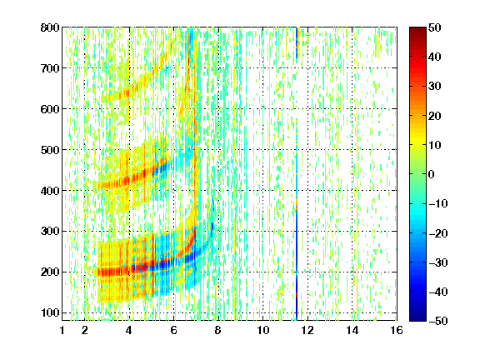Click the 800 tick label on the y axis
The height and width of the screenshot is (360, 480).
click(x=50, y=27)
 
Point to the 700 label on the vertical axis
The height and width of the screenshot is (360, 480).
click(x=50, y=68)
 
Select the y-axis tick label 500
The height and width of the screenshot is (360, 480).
click(x=50, y=150)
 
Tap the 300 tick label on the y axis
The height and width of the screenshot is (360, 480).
click(x=50, y=232)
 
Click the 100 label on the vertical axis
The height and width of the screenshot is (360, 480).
click(x=50, y=312)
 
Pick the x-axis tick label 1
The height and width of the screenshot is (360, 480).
click(x=62, y=330)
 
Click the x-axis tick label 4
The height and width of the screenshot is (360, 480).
click(x=129, y=330)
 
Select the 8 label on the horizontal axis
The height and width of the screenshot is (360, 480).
click(x=218, y=330)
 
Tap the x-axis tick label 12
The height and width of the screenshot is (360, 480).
click(x=307, y=330)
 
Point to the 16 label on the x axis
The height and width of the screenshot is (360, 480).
click(x=397, y=330)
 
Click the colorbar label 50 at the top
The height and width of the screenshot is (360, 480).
click(x=435, y=27)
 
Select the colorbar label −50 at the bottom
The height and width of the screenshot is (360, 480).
click(x=438, y=321)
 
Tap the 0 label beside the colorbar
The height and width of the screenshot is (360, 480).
click(x=432, y=174)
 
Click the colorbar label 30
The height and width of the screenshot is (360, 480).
click(x=435, y=87)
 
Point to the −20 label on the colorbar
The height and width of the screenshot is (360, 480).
click(x=438, y=233)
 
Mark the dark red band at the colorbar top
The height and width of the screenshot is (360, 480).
click(x=417, y=32)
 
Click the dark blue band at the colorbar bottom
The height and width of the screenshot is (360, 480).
click(x=417, y=315)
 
